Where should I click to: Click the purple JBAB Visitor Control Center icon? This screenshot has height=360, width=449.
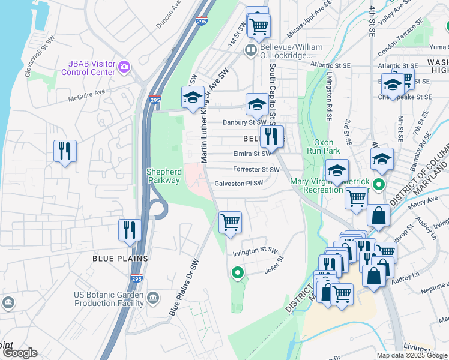point(124,66)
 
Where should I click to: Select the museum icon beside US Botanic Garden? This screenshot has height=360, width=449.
point(152,298)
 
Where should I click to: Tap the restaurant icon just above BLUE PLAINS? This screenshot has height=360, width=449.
point(130,230)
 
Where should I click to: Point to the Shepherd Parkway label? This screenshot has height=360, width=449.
point(163,176)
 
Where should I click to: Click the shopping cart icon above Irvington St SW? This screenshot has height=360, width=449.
point(230,223)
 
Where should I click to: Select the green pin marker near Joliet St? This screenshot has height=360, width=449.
point(238,274)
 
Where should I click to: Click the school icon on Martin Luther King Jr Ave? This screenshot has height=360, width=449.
point(193,97)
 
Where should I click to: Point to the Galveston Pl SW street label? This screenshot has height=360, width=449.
point(239,184)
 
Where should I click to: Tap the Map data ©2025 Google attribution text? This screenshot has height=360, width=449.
point(412,355)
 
